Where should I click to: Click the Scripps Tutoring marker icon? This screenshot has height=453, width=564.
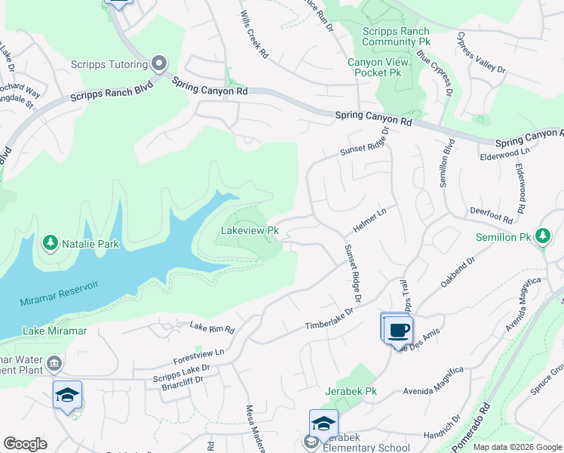(x=159, y=63)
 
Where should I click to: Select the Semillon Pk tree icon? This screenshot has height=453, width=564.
(x=542, y=236)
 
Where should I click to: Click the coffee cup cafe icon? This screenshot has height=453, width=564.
(x=398, y=330)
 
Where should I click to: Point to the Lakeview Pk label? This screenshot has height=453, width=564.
(x=250, y=230)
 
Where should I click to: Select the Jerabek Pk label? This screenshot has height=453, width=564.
(x=351, y=392)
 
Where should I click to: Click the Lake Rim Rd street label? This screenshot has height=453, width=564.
(x=212, y=328)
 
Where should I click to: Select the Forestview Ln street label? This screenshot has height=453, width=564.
(x=198, y=352)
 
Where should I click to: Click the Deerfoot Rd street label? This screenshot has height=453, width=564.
(x=491, y=216)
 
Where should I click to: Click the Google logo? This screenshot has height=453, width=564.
(x=25, y=444)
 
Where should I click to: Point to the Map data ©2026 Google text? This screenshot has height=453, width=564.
(x=516, y=447)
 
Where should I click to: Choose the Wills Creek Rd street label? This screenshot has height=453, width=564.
(x=254, y=35)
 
